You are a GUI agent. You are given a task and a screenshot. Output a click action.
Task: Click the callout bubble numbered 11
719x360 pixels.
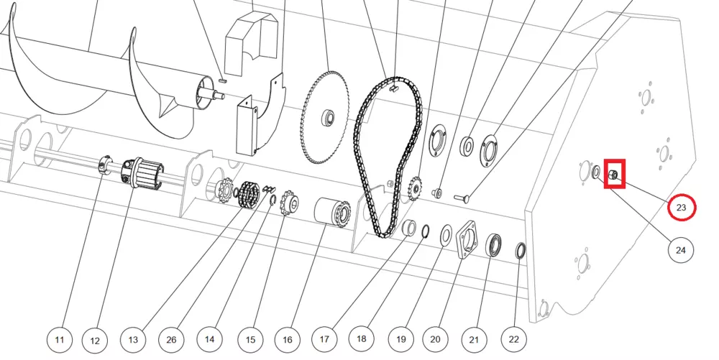[x=60, y=338]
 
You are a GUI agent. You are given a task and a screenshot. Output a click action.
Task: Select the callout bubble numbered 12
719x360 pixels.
[x=96, y=338]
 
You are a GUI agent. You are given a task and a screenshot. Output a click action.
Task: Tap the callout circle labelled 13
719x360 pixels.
[x=134, y=338]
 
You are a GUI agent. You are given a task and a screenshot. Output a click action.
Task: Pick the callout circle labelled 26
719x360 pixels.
[x=171, y=338]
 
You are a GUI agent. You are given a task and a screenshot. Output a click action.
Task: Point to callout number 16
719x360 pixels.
[x=287, y=338]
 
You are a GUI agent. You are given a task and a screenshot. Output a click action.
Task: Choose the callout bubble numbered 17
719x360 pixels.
[x=324, y=338]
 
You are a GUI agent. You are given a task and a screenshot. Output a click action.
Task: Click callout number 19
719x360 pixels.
[x=399, y=338]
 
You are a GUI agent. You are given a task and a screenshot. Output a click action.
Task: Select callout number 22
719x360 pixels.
[x=513, y=338]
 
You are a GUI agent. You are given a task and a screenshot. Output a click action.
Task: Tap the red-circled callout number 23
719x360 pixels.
[x=681, y=208]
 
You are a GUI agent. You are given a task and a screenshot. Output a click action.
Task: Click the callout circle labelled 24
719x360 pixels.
[x=680, y=250]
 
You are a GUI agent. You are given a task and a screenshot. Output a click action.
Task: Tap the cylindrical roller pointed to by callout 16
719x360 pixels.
[x=332, y=213]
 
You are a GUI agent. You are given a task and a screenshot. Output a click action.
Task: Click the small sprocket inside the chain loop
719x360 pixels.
[x=414, y=190]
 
